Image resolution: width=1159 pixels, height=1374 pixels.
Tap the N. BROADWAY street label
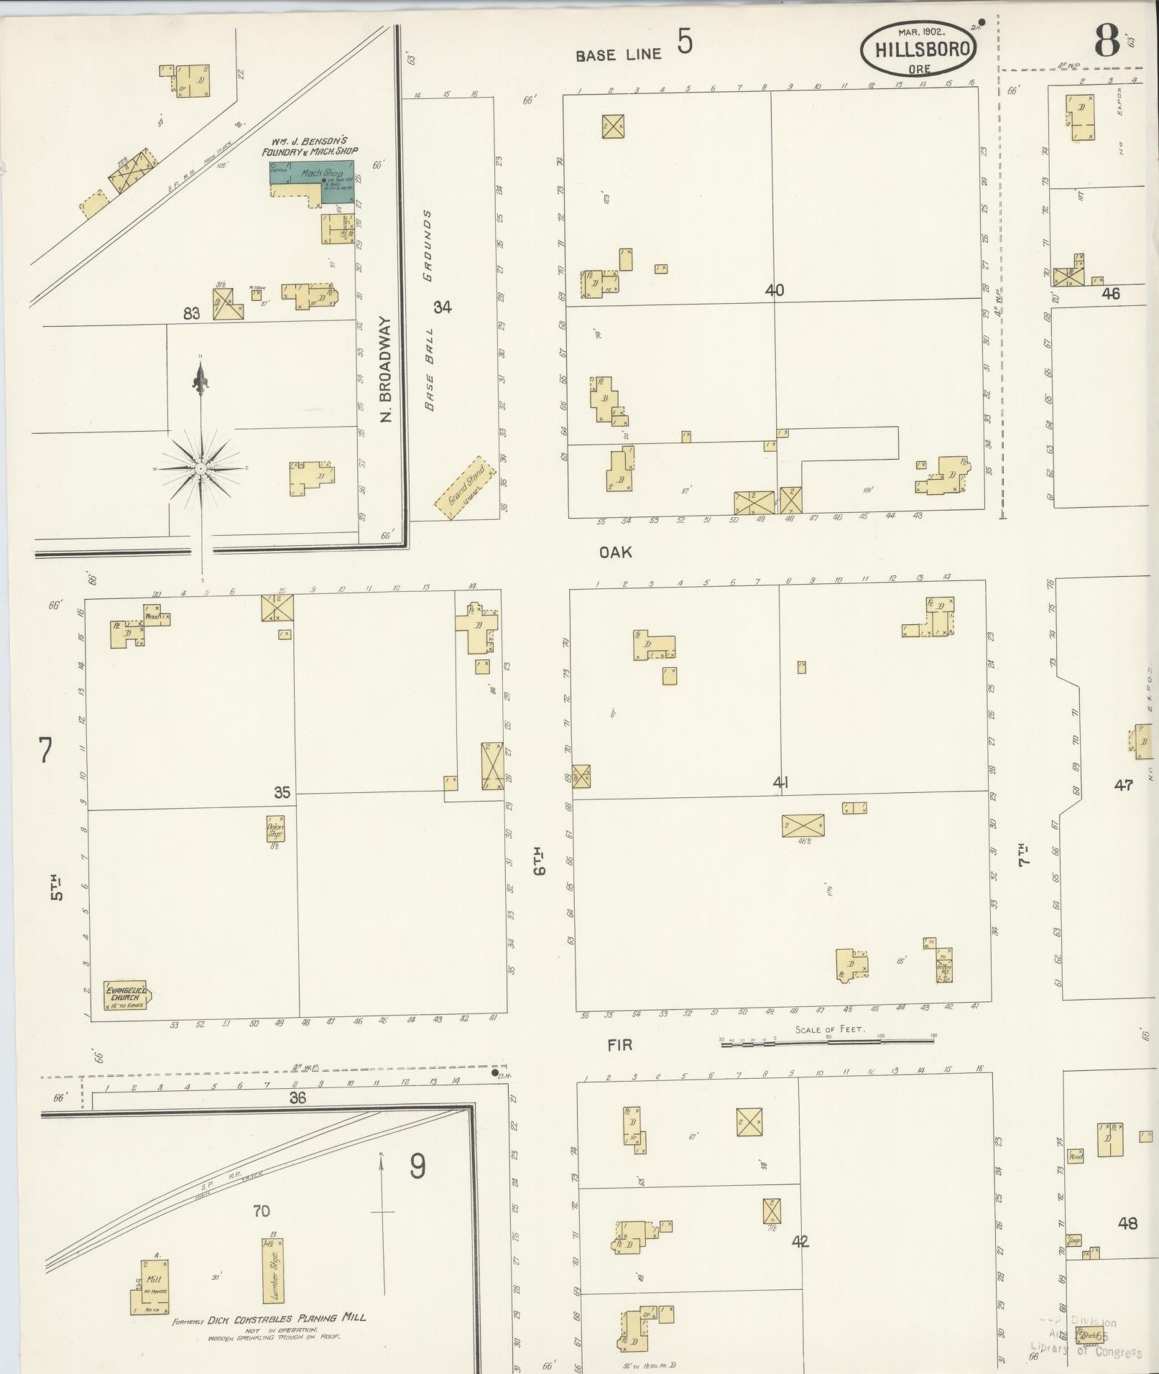(384, 369)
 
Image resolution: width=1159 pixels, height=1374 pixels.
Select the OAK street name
(616, 552)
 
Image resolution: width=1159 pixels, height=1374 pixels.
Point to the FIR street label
(619, 1044)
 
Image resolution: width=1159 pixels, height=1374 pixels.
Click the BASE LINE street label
(618, 55)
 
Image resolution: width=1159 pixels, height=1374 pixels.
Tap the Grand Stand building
(466, 488)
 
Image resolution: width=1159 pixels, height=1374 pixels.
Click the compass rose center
(201, 468)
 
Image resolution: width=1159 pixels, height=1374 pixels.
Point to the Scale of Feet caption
(830, 1029)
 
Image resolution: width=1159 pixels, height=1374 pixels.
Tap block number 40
(775, 291)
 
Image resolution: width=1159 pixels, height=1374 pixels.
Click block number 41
(780, 783)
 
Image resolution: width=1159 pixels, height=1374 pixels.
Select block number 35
(282, 793)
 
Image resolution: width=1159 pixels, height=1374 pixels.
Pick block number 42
(800, 1241)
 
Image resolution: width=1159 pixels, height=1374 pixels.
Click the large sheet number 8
(1107, 42)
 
